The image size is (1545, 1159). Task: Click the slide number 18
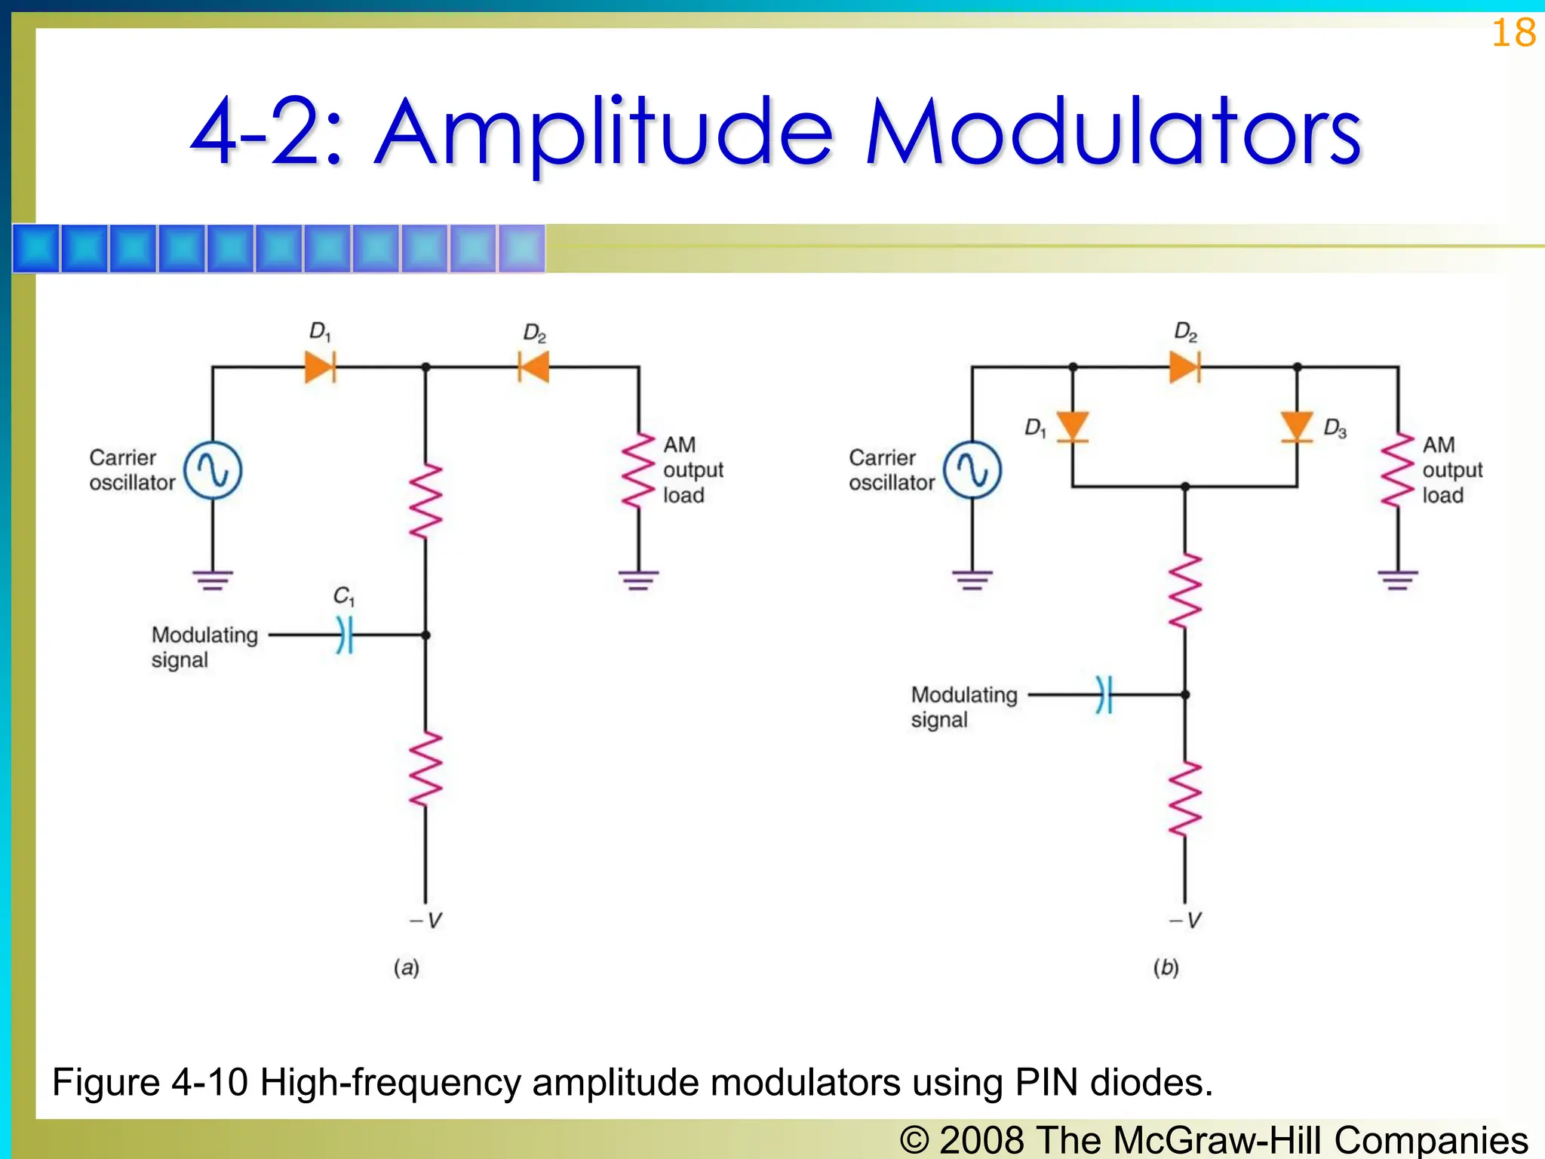1513,34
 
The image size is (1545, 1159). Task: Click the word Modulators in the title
1113,132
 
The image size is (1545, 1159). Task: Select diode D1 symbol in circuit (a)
320,367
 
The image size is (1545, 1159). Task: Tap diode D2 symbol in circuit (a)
533,367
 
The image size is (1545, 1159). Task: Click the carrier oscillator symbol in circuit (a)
213,471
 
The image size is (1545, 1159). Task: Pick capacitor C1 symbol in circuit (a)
344,635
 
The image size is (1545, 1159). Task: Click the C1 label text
343,596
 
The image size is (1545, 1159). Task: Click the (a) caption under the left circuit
406,967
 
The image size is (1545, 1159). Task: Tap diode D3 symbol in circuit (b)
1297,427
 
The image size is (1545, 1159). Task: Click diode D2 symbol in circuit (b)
1184,367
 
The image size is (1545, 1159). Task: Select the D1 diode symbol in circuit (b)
1072,427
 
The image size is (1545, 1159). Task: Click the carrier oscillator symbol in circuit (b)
972,471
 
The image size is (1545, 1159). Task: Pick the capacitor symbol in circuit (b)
1104,694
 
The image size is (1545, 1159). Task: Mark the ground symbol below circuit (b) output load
1397,580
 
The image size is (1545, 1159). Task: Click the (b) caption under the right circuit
1166,967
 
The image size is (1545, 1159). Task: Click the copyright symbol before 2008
914,1140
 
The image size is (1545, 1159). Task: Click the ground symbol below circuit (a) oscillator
213,580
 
